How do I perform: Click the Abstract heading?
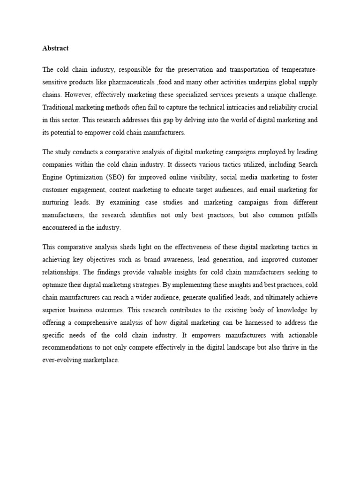coord(55,48)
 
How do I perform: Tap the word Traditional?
coord(58,107)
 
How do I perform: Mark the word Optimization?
coord(87,177)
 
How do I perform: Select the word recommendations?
coord(71,348)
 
